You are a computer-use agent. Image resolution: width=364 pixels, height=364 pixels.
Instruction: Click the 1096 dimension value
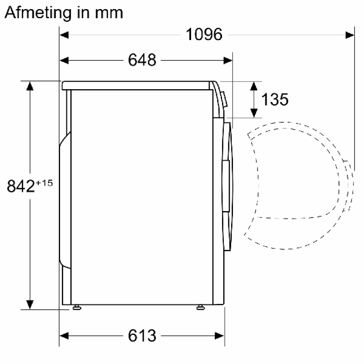pos(204,35)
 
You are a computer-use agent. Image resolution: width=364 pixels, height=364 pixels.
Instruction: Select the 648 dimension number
pos(142,60)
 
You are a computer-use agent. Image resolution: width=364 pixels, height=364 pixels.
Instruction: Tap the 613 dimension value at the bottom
pos(142,336)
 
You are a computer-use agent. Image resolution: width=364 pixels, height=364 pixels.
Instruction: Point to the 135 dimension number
pos(275,99)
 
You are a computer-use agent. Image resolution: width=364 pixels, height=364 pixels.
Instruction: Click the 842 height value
pos(20,186)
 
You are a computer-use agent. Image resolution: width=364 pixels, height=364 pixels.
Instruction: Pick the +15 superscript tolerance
pos(44,183)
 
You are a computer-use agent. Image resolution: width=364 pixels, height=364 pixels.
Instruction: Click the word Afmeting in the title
pos(38,13)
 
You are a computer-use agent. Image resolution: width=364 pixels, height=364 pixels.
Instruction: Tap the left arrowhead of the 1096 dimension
pos(64,35)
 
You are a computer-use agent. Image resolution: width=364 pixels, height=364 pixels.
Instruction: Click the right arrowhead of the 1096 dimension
pos(349,35)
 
